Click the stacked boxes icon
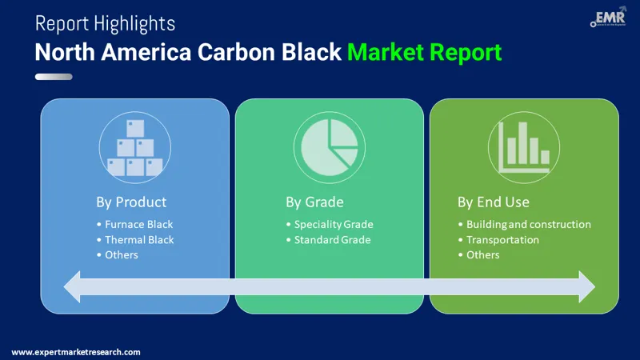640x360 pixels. click(135, 148)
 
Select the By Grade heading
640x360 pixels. click(318, 202)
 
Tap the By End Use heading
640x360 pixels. click(494, 202)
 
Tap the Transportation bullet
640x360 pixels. click(502, 239)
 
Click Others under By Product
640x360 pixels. click(122, 254)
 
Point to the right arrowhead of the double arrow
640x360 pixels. click(586, 286)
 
